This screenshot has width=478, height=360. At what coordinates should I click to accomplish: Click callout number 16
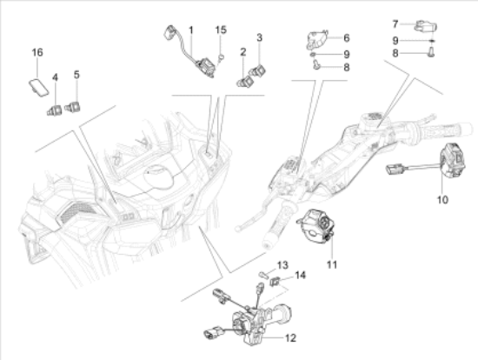pyautogui.click(x=37, y=52)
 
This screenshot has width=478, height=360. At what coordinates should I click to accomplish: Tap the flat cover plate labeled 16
pyautogui.click(x=39, y=88)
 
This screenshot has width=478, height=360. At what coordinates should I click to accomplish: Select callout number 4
pyautogui.click(x=55, y=77)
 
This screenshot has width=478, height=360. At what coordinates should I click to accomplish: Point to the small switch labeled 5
pyautogui.click(x=72, y=107)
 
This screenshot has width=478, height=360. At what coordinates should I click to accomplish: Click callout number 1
pyautogui.click(x=191, y=30)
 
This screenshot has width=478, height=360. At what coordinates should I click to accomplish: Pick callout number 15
pyautogui.click(x=221, y=30)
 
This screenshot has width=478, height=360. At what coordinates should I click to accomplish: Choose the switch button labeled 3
pyautogui.click(x=257, y=70)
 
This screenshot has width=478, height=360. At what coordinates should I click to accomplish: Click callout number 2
pyautogui.click(x=243, y=52)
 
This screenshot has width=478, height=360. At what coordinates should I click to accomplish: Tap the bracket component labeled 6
pyautogui.click(x=317, y=39)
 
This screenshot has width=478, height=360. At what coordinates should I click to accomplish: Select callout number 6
pyautogui.click(x=346, y=38)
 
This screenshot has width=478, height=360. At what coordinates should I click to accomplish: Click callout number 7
pyautogui.click(x=395, y=23)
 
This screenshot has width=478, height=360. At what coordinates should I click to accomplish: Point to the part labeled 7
pyautogui.click(x=425, y=26)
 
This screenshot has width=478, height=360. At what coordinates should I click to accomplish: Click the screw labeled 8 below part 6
pyautogui.click(x=315, y=64)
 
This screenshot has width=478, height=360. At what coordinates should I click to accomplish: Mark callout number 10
pyautogui.click(x=442, y=200)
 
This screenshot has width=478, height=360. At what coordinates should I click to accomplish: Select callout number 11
pyautogui.click(x=332, y=264)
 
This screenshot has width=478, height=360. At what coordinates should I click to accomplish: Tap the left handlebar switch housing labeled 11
pyautogui.click(x=316, y=226)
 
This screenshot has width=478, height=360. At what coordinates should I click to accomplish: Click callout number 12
pyautogui.click(x=290, y=337)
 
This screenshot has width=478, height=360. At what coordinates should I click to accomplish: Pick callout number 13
pyautogui.click(x=282, y=265)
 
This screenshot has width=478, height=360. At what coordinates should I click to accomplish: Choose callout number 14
pyautogui.click(x=301, y=275)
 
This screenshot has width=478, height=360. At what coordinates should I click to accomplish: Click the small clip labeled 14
pyautogui.click(x=275, y=281)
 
